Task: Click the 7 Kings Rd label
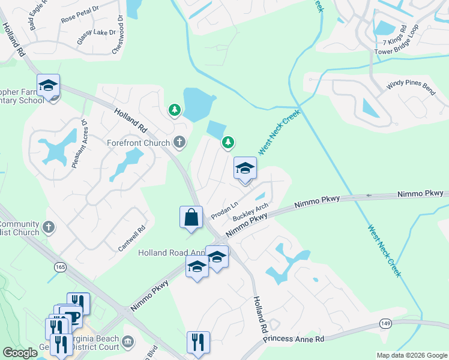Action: tap(395, 37)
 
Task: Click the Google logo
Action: tap(20, 353)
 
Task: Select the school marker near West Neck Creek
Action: tap(244, 169)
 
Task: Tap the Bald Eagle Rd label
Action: tap(37, 16)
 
